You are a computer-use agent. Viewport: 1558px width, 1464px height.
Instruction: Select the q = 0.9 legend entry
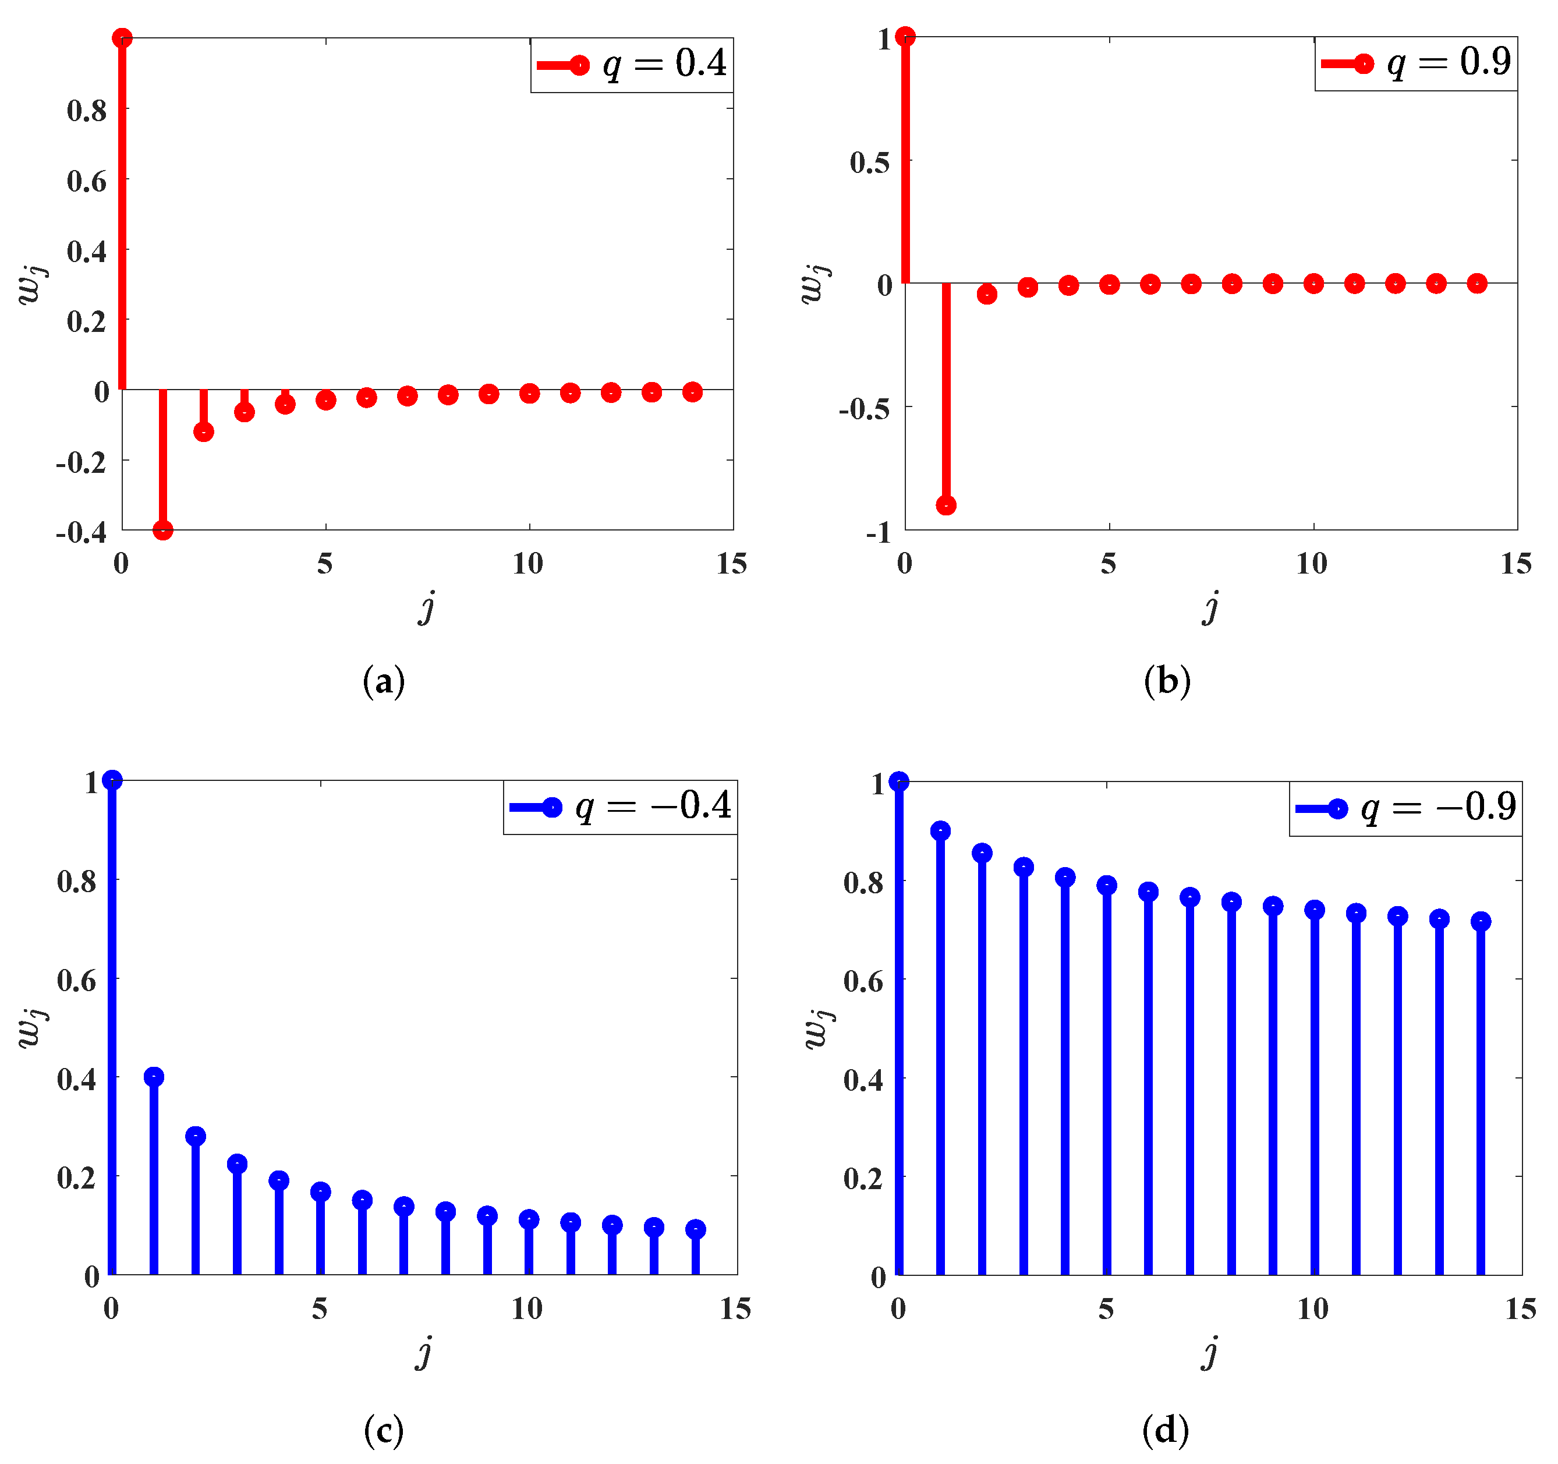click(x=1416, y=63)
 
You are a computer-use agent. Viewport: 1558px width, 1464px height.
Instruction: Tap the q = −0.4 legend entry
click(x=621, y=807)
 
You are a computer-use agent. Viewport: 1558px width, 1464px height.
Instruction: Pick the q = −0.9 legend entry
click(x=1407, y=809)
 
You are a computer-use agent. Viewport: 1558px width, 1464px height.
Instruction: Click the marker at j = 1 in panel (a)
click(x=163, y=530)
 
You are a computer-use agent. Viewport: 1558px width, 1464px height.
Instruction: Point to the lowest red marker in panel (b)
click(x=946, y=505)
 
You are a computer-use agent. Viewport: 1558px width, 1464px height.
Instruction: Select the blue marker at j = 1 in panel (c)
click(x=154, y=1077)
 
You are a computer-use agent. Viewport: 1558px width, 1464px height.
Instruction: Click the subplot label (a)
click(x=383, y=681)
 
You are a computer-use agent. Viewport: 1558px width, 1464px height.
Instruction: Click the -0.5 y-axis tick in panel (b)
click(x=865, y=408)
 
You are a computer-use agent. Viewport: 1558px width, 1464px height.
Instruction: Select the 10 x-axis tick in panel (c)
click(x=527, y=1309)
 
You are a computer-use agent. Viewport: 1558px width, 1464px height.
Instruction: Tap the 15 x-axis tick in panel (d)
click(x=1520, y=1309)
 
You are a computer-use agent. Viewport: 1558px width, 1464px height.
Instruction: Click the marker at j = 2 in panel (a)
click(x=204, y=432)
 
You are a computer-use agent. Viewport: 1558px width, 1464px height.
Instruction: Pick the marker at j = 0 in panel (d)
click(x=899, y=782)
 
